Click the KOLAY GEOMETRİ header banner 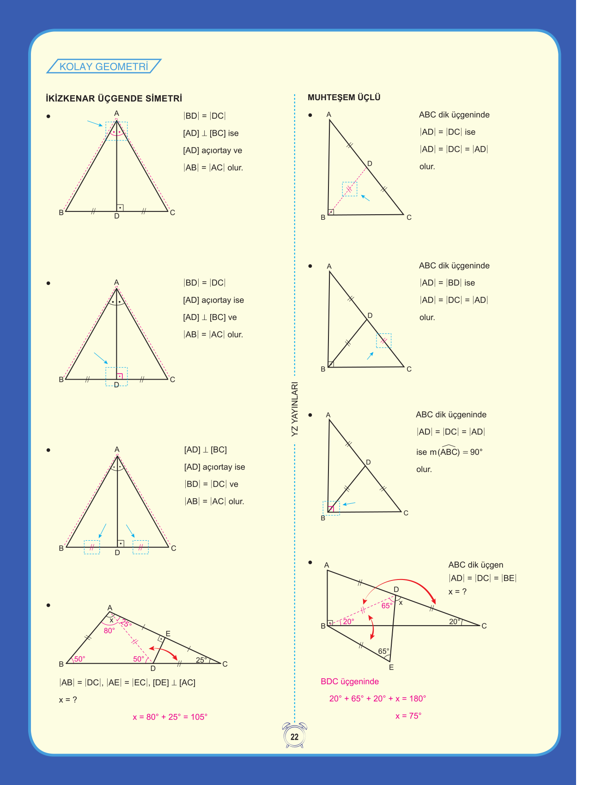click(103, 66)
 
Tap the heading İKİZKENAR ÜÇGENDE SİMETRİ click(114, 98)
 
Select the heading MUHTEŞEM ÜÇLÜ click(344, 97)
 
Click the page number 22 click(294, 737)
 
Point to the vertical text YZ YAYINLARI click(295, 409)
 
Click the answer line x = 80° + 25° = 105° click(170, 717)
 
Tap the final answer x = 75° click(408, 716)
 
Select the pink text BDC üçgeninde click(350, 682)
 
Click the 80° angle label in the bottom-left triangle click(109, 631)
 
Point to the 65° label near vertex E click(383, 652)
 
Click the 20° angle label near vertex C click(455, 622)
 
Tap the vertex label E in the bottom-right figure click(391, 667)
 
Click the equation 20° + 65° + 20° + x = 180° click(377, 699)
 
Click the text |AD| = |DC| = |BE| click(482, 578)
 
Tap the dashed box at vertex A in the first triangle click(116, 131)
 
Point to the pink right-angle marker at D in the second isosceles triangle click(120, 376)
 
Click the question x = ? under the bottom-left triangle click(68, 700)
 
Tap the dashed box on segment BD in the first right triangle click(350, 189)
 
